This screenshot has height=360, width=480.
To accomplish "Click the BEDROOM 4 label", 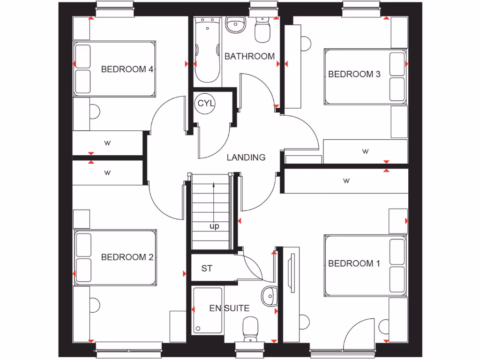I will click(127, 69).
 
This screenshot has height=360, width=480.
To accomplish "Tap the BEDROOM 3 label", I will click(354, 74).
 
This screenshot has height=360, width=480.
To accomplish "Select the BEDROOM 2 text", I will click(127, 257).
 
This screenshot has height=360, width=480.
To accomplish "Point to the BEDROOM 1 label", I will click(354, 263).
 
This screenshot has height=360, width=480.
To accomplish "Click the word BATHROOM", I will click(249, 56).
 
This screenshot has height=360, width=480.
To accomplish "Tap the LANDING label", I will click(246, 157).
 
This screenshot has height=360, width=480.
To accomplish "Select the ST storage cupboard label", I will click(207, 269).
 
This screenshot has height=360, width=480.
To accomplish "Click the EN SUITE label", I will click(229, 308).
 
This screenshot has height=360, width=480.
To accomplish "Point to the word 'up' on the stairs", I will click(214, 226).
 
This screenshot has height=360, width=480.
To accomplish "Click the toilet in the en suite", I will click(249, 327).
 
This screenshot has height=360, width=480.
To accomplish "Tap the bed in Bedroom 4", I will click(114, 69).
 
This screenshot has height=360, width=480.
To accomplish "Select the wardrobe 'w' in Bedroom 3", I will click(365, 151).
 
